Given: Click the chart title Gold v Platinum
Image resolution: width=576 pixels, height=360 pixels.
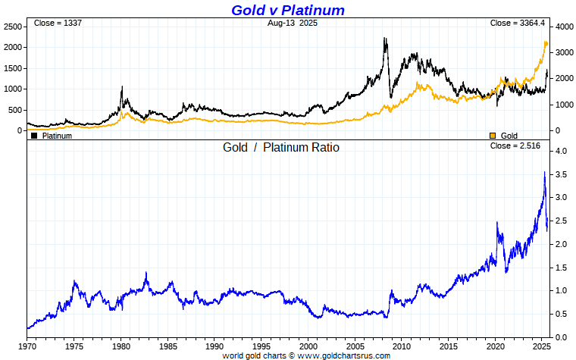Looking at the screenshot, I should pos(288,10).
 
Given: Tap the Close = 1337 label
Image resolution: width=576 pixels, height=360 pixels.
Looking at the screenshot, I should pos(58,23).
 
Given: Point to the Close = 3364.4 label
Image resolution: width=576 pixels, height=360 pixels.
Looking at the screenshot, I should pos(518,23).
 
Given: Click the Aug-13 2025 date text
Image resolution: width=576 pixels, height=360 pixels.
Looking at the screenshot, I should pos(293,23).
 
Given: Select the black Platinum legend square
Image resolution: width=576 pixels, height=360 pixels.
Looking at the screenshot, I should pos(34,136).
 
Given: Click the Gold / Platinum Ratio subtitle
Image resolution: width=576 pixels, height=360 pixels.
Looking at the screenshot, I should pos(280,147).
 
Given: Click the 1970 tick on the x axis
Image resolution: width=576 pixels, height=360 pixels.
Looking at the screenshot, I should pos(27,346).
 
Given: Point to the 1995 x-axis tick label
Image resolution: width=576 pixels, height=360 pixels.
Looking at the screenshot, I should pos(261,346).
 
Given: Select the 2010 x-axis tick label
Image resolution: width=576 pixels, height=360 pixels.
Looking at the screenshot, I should pos(402,346).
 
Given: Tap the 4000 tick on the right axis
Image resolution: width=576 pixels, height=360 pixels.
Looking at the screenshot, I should pos(562,27).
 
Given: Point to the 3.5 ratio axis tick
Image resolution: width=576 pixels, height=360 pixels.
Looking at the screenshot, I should pos(559,174).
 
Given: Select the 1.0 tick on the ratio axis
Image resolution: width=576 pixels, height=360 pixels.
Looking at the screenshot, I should pos(559,290).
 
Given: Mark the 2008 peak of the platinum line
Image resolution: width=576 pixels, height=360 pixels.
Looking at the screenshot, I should pos(385,38).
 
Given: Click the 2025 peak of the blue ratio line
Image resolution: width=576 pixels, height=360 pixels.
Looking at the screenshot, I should pos(544,173).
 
